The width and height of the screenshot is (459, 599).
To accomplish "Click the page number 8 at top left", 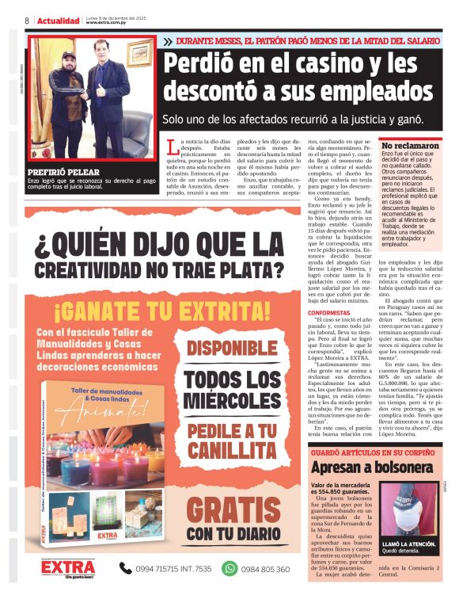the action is pos(26,21).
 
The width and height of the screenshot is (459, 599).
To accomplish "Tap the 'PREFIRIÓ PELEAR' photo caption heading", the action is pos(63,171).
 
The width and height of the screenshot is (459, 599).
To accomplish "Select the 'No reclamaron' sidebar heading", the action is pos(412,147).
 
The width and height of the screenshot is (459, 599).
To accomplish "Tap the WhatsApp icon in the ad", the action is pos(229,567).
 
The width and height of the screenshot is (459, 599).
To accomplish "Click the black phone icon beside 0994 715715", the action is pos(126,567).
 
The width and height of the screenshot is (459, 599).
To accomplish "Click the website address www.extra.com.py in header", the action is pos(111,23).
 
